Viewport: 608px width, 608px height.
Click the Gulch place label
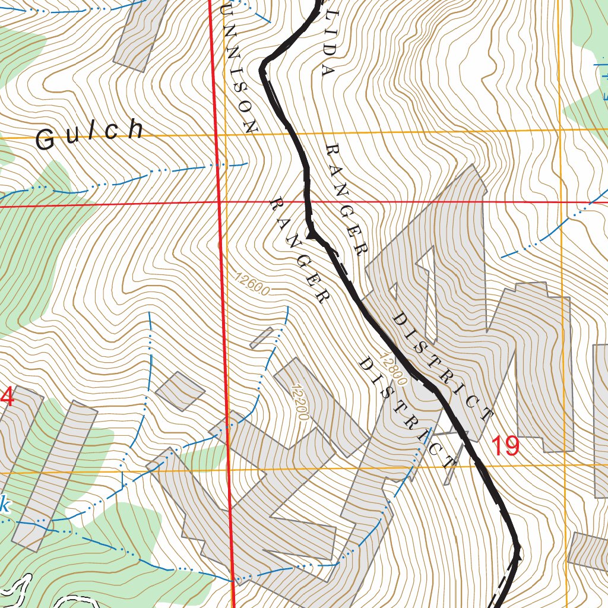coord(90,134)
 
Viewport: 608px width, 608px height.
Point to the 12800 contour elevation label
coord(391,369)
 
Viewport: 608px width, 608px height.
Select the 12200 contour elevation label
coord(300,402)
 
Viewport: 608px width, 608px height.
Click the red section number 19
coord(505,446)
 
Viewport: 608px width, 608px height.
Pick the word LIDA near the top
coord(325,39)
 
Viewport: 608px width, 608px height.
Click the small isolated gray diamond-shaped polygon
coord(180,391)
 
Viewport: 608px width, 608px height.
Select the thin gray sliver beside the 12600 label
coord(261,337)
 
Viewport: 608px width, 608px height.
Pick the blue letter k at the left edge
coord(5,506)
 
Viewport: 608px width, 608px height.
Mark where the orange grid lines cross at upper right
coord(560,129)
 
